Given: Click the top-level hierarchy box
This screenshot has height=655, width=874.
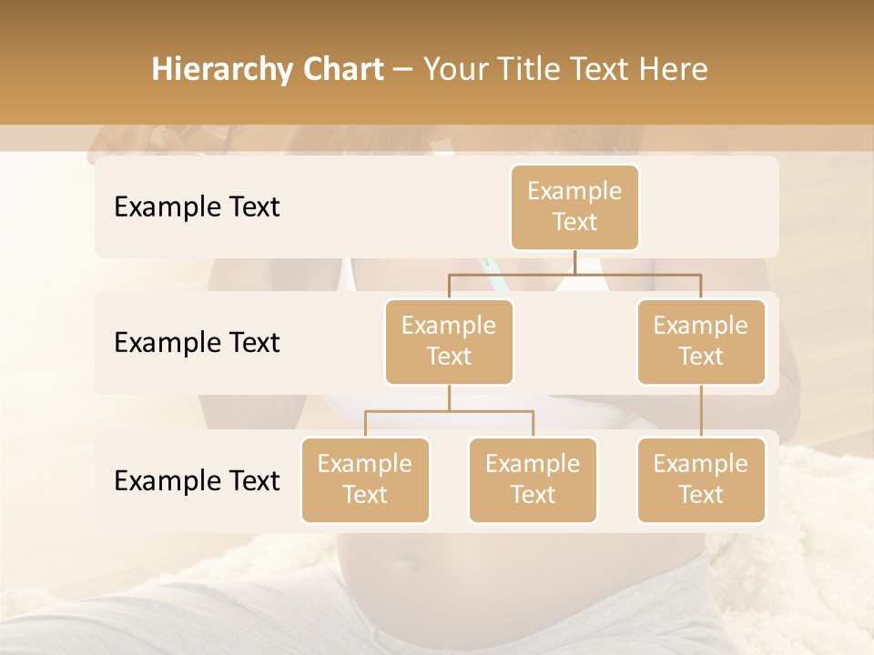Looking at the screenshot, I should tap(574, 207).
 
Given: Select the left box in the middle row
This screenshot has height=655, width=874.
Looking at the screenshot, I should tap(449, 342).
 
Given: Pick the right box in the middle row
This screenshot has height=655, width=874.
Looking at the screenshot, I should tap(701, 342).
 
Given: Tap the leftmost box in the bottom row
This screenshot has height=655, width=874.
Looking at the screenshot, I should tap(365, 480).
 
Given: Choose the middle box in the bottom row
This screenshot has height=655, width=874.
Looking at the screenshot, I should tap(533, 480).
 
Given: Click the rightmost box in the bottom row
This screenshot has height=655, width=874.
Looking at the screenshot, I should tap(701, 480).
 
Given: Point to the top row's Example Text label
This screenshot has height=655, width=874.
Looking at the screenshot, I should tap(197, 207).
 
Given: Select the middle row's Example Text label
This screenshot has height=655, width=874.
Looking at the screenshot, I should tap(197, 343).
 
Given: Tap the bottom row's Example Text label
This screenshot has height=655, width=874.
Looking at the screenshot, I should tap(197, 481).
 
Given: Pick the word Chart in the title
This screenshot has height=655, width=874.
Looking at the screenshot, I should tap(344, 69).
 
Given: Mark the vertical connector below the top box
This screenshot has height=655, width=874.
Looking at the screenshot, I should tap(574, 262).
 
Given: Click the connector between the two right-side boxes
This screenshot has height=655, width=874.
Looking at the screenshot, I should tap(701, 411).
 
